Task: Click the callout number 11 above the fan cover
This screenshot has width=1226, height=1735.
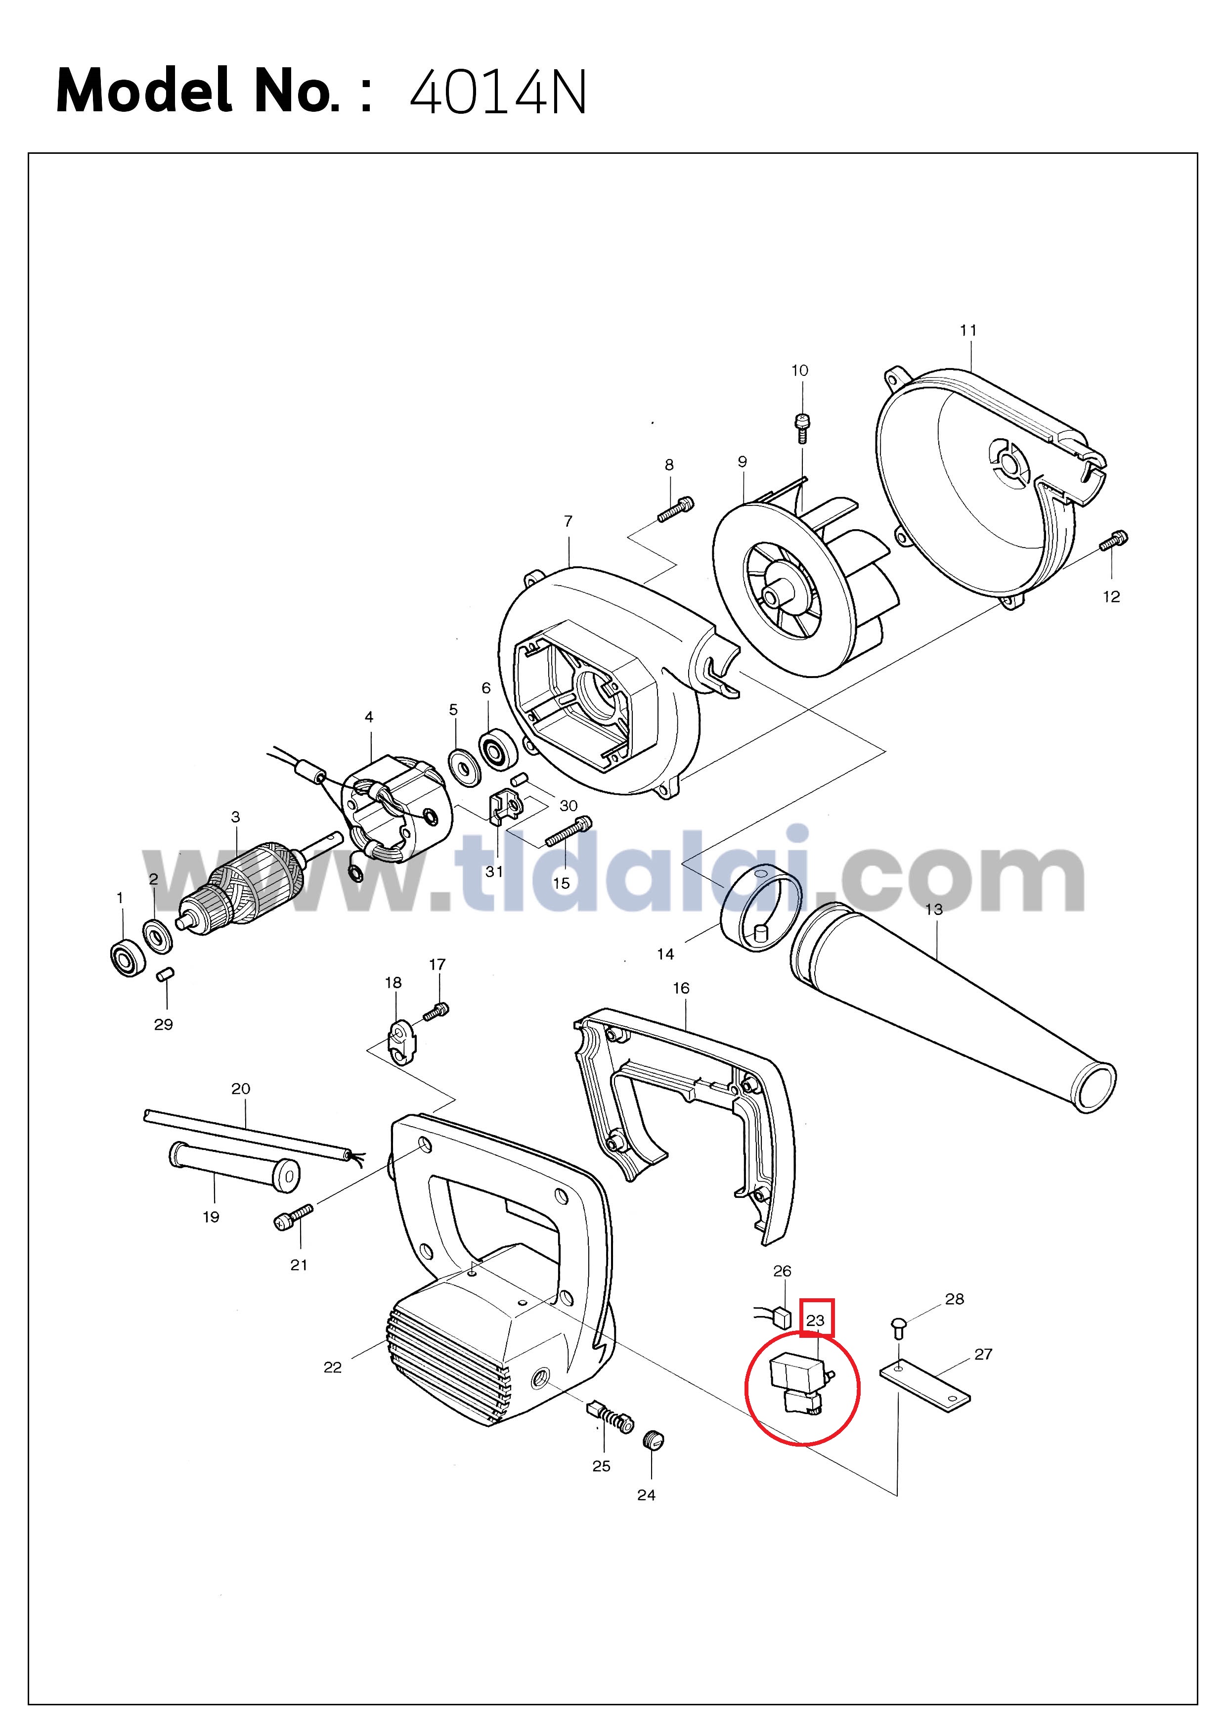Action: (x=968, y=330)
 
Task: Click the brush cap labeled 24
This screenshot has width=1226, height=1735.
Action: (x=653, y=1440)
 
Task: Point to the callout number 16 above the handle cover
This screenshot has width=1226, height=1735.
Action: (x=681, y=988)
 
